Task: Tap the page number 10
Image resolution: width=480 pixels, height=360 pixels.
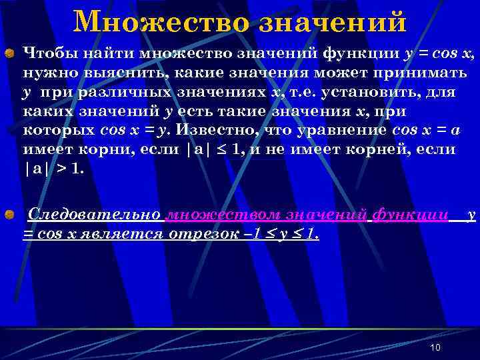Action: pyautogui.click(x=436, y=348)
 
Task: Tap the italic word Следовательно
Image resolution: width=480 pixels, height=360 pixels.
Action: pyautogui.click(x=94, y=215)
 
